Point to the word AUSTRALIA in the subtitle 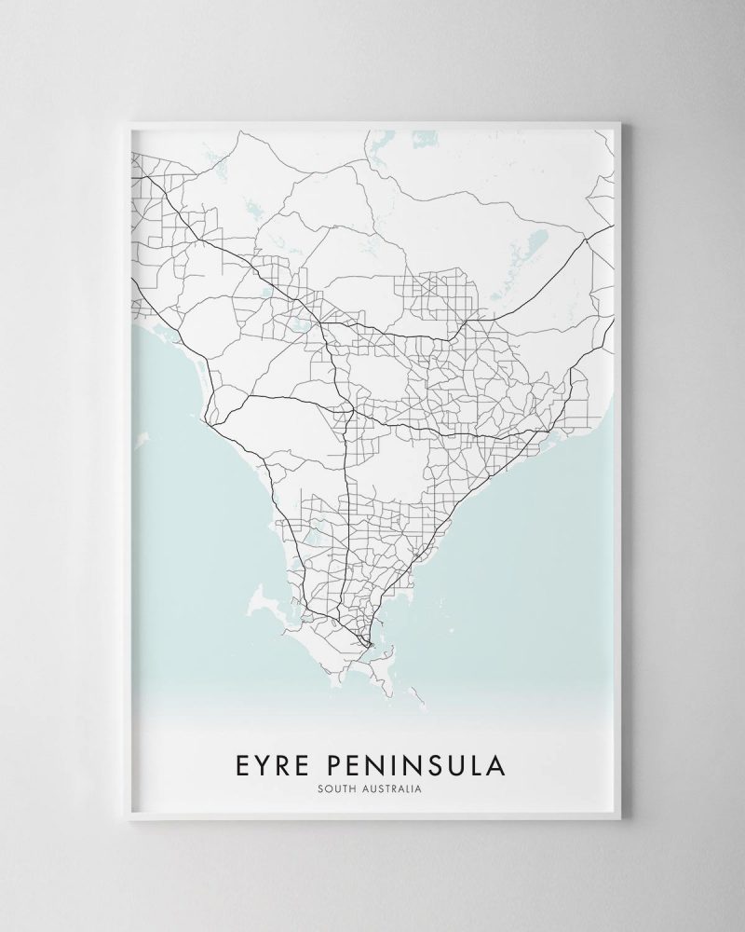pyautogui.click(x=393, y=790)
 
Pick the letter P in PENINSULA pyautogui.click(x=339, y=766)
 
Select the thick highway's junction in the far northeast pyautogui.click(x=586, y=239)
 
